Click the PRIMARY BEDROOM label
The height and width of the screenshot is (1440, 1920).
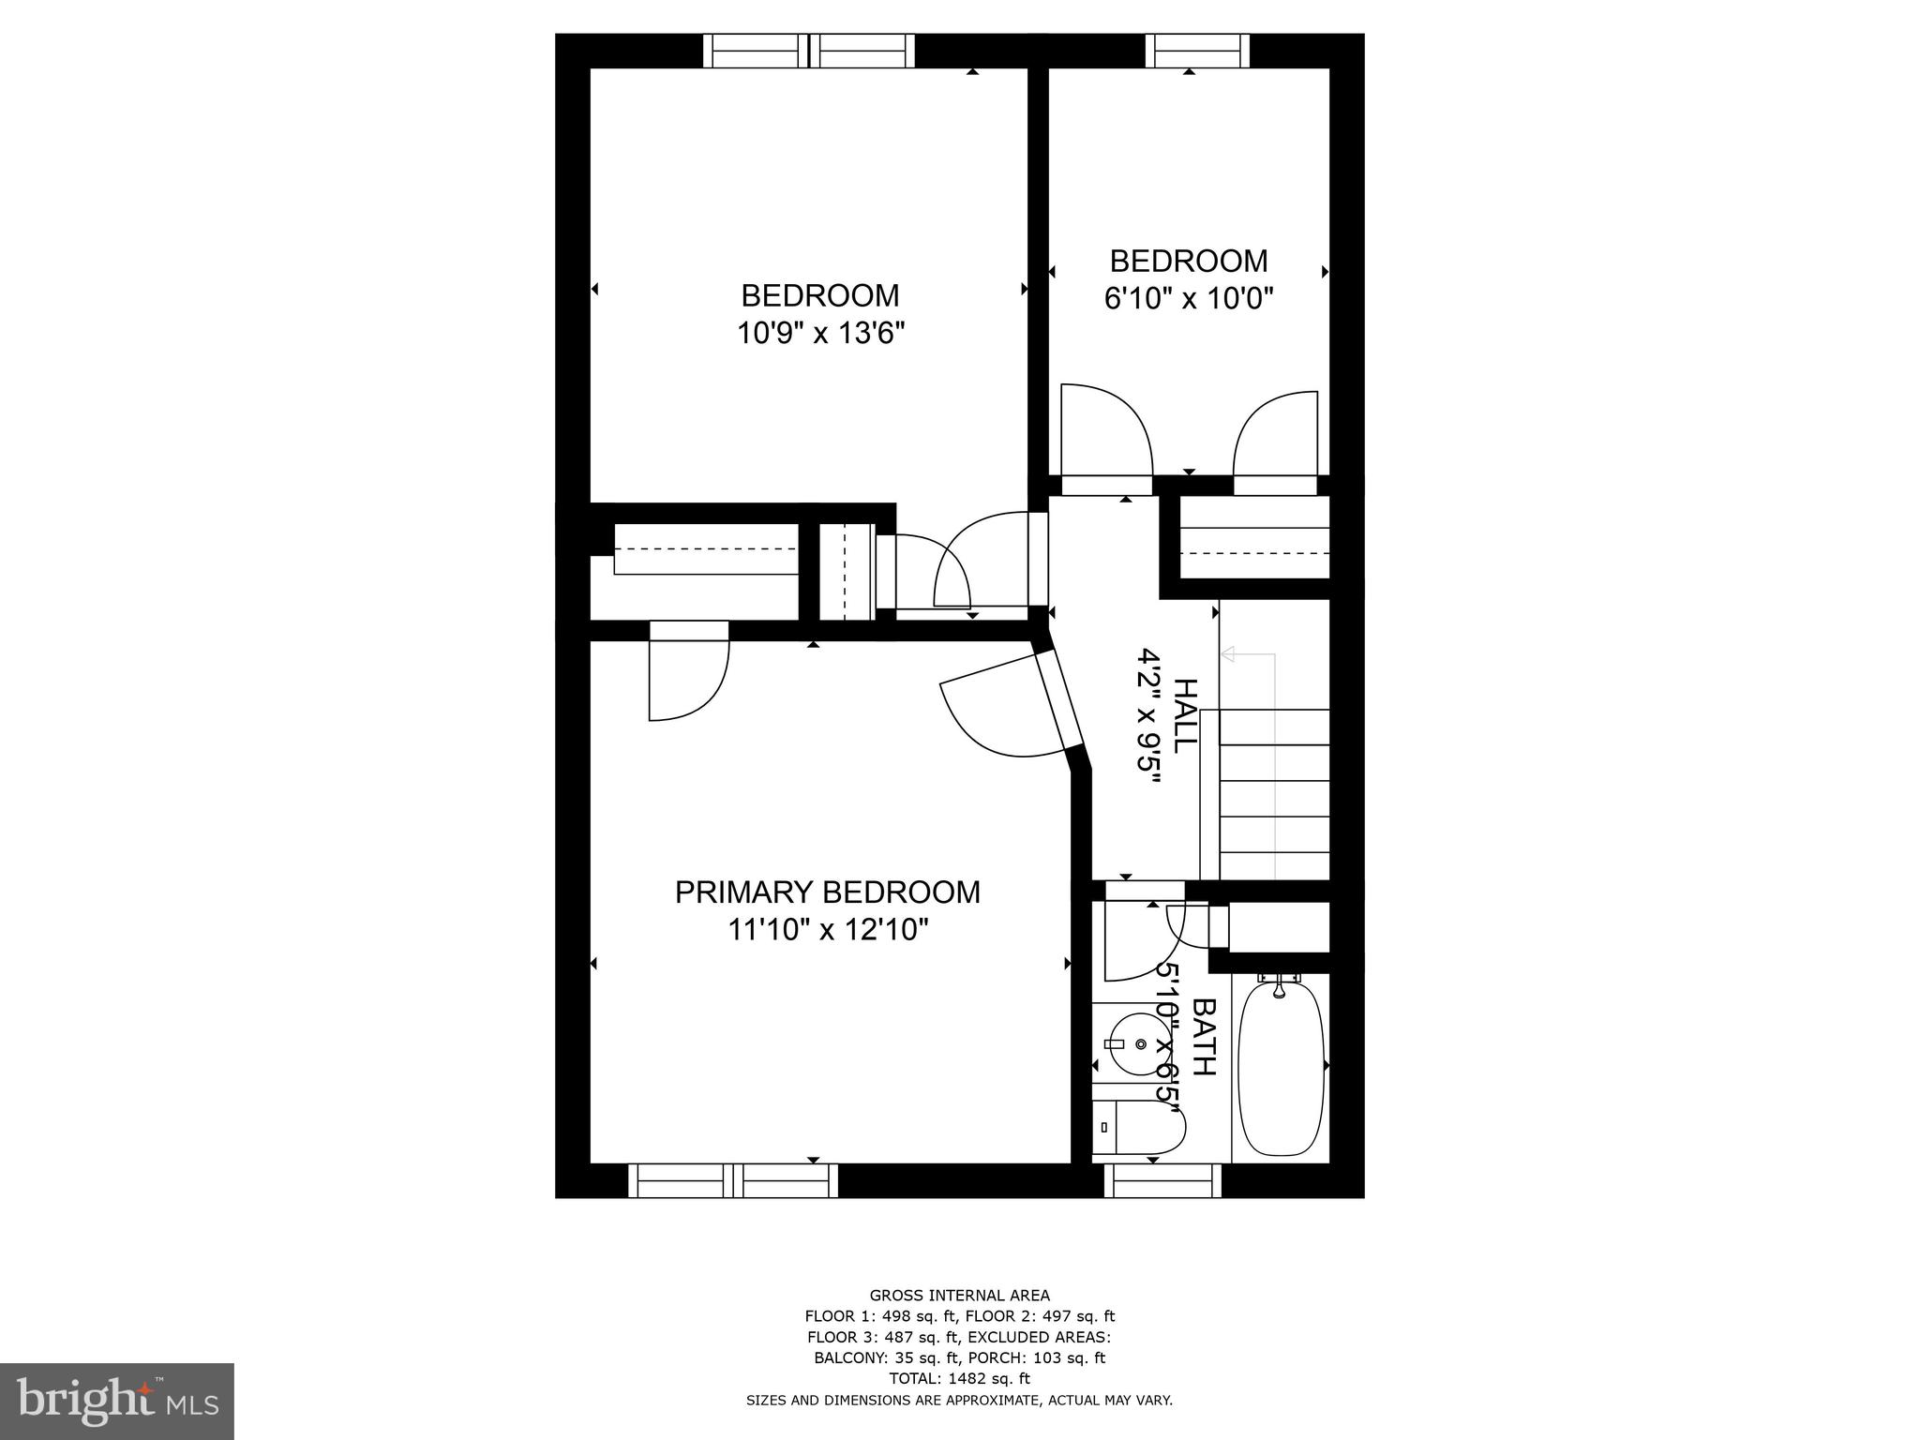827,892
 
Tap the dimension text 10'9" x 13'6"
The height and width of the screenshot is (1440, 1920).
820,333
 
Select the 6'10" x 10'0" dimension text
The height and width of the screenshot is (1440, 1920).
1188,298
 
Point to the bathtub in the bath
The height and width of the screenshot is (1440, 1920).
1281,1066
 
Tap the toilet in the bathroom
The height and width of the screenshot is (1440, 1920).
1137,1129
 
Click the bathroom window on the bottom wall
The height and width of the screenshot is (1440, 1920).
1162,1181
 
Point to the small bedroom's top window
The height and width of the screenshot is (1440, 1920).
1197,51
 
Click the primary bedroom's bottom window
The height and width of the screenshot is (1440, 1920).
732,1181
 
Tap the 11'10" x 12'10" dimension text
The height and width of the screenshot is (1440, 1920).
828,930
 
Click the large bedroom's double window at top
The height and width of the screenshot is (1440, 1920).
808,51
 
